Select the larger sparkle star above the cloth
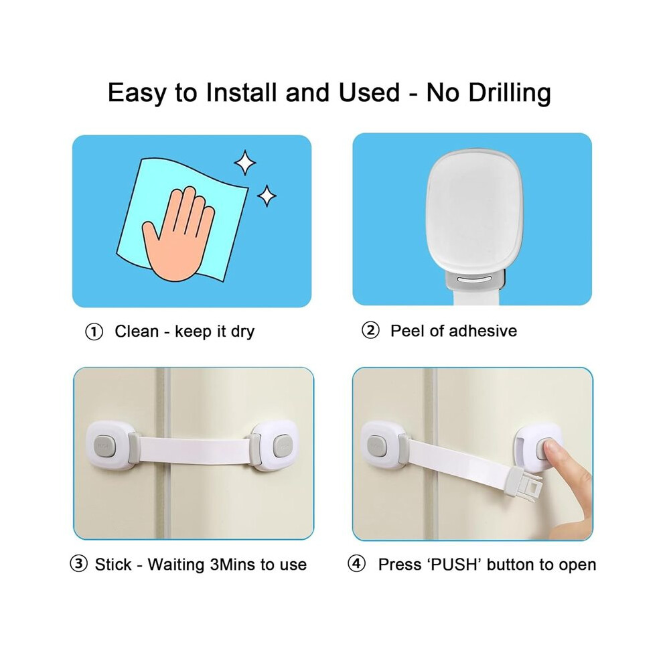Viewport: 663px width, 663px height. [x=245, y=163]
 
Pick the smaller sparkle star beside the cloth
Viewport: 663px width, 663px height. [x=267, y=196]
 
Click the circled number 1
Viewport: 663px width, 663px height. [x=94, y=332]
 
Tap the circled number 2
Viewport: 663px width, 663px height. [x=370, y=331]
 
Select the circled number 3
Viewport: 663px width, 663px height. [x=78, y=564]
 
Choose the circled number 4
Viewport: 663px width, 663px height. [x=356, y=564]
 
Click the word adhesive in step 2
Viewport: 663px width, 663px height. [x=483, y=331]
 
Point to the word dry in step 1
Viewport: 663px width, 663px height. [x=242, y=332]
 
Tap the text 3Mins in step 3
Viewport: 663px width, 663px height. [x=232, y=565]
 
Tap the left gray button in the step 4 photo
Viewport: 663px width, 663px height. [x=376, y=446]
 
